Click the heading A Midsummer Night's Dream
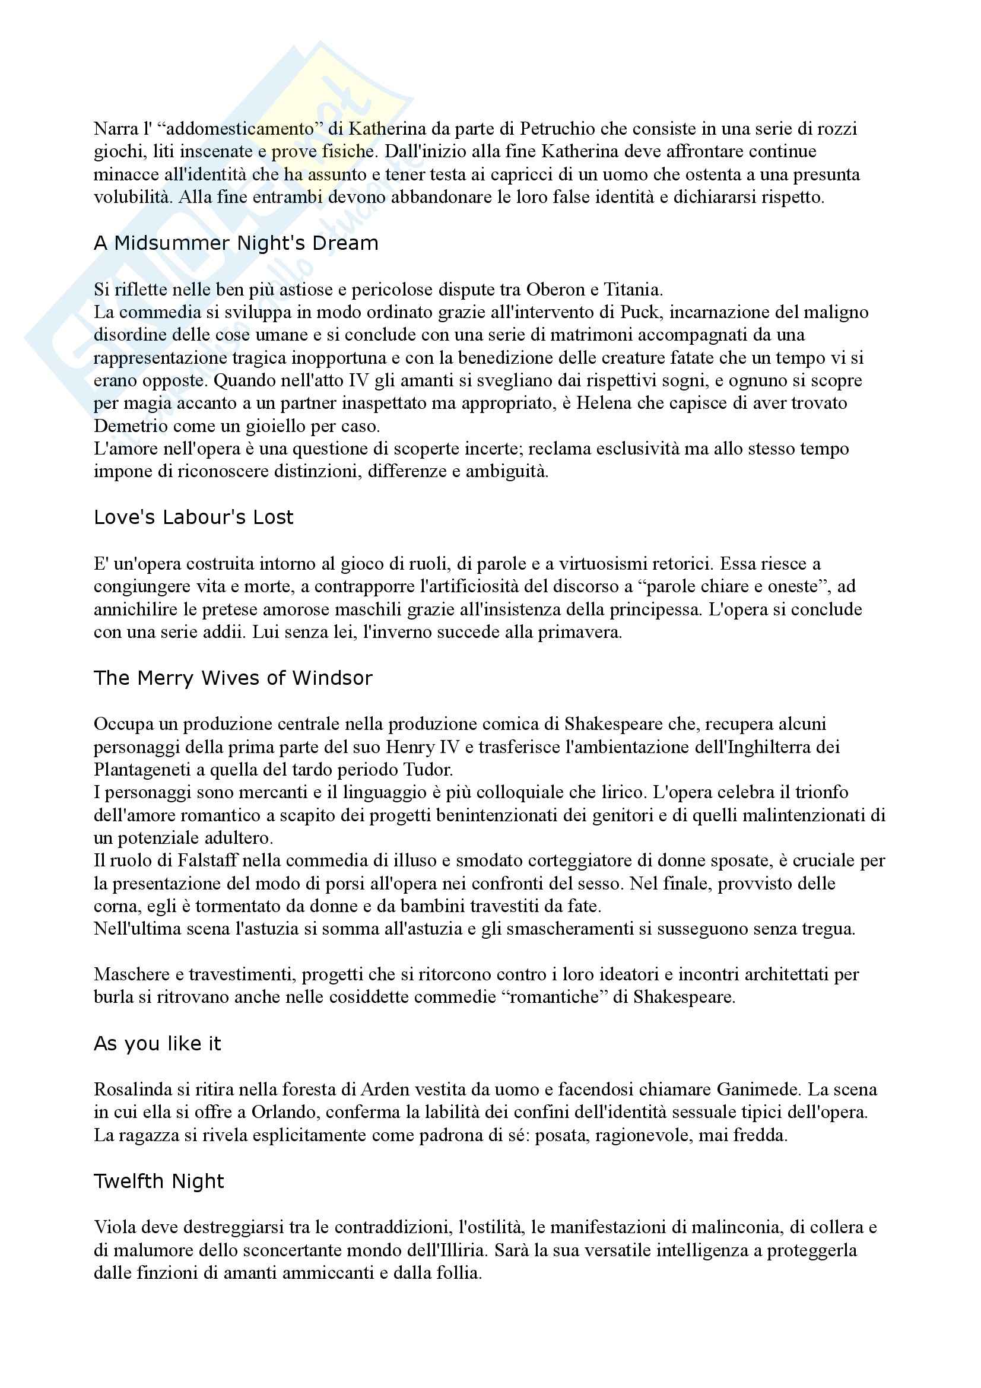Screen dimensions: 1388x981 236,243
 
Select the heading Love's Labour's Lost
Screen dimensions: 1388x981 193,517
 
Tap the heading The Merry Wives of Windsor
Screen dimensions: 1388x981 233,678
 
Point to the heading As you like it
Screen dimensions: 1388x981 158,1043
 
